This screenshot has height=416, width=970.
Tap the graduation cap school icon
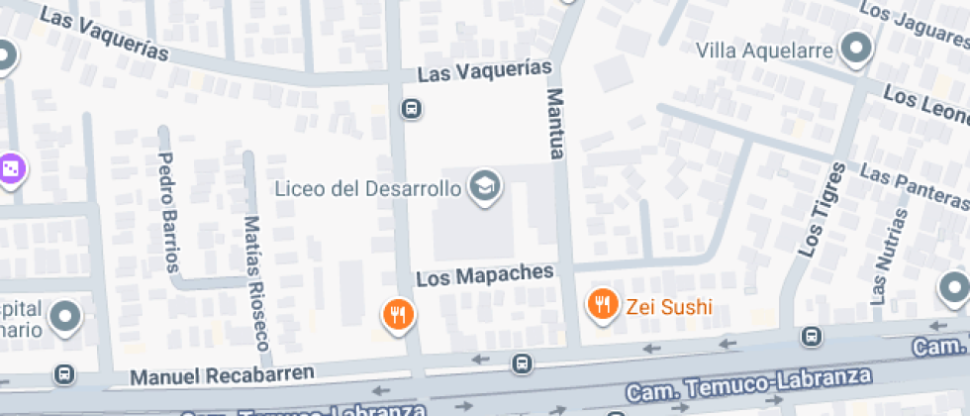(x=484, y=185)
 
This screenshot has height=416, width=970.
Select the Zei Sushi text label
(x=669, y=307)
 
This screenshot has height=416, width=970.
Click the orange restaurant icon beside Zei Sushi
(x=602, y=304)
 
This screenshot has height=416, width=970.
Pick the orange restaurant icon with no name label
(x=398, y=315)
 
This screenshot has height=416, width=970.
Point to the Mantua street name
(x=555, y=123)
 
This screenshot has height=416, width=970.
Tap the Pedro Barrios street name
(x=169, y=211)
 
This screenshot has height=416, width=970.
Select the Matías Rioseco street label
(x=255, y=283)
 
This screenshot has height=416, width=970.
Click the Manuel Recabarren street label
(x=222, y=375)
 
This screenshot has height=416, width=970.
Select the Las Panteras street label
(x=914, y=184)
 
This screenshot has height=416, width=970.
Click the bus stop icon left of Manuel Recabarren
(x=64, y=374)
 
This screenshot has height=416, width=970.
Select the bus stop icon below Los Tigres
(x=812, y=337)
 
